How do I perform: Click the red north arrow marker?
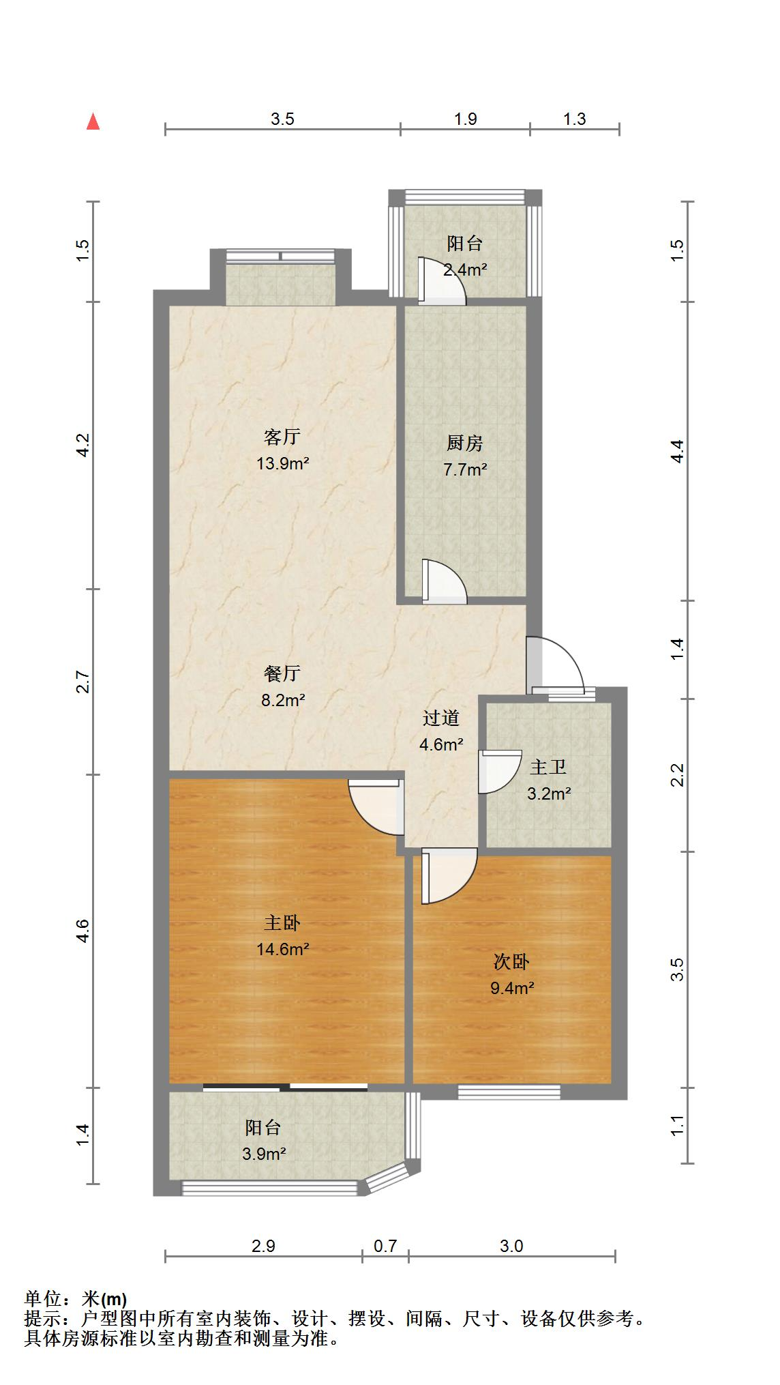[93, 122]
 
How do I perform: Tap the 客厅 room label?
[282, 437]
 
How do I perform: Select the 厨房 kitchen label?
[465, 443]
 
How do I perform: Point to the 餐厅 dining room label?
[282, 674]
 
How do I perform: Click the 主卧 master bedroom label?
[282, 923]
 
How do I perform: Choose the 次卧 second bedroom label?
[511, 962]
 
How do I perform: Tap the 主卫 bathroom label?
[548, 768]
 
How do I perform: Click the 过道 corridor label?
[441, 718]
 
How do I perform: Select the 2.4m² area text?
[465, 269]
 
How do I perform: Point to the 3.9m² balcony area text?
[263, 1154]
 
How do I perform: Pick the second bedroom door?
[447, 875]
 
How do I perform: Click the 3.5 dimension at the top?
[282, 119]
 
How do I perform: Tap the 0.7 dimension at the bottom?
[385, 1246]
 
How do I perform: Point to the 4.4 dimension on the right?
[676, 452]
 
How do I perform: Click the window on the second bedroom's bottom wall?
[509, 1092]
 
